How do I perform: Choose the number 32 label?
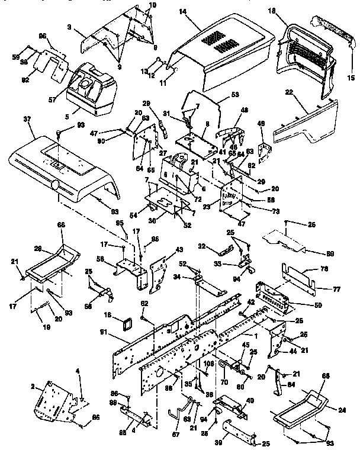[x=202, y=246]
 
